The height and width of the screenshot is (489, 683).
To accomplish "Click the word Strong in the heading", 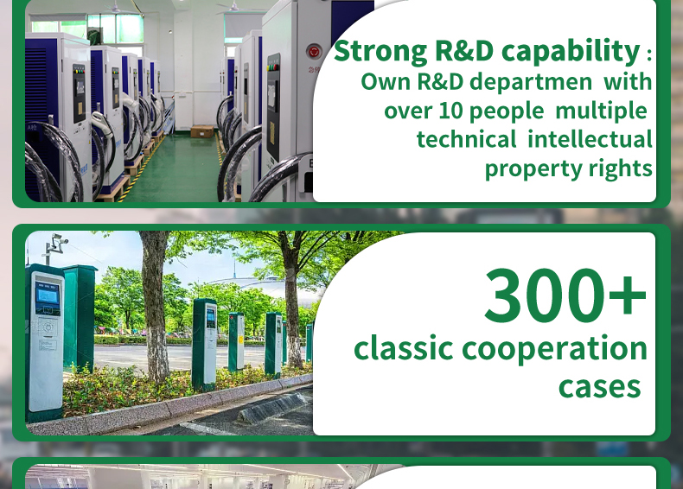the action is [x=380, y=52].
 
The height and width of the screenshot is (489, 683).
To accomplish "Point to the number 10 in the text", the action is [x=450, y=111].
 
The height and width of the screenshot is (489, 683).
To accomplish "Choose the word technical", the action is [x=466, y=140].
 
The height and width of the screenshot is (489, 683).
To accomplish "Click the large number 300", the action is [x=545, y=295].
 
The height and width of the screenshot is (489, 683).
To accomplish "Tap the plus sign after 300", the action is [x=628, y=295].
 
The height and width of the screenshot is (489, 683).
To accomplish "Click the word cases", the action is [x=599, y=387].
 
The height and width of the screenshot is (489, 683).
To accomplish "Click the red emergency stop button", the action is [x=314, y=52].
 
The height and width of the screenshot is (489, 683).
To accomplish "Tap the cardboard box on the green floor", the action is [x=202, y=131].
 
